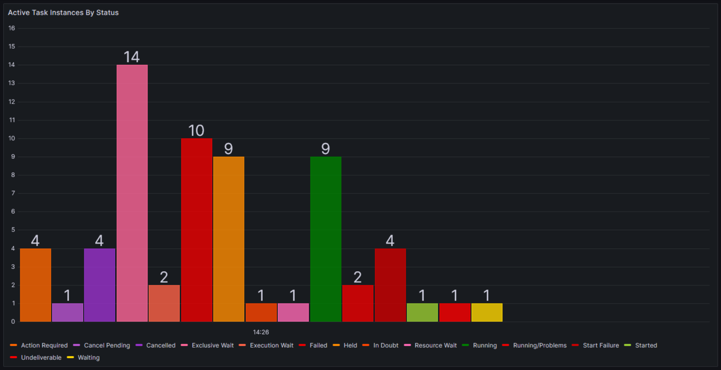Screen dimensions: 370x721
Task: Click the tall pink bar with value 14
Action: pyautogui.click(x=132, y=193)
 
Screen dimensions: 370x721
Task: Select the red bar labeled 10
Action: pyautogui.click(x=197, y=230)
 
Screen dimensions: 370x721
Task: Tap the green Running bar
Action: pyautogui.click(x=325, y=239)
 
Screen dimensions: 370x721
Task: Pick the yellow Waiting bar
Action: pyautogui.click(x=487, y=312)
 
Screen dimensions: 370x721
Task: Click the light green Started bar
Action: pyautogui.click(x=422, y=312)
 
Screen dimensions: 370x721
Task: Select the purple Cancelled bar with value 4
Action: pyautogui.click(x=100, y=285)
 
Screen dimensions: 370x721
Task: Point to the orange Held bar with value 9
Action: pyautogui.click(x=229, y=239)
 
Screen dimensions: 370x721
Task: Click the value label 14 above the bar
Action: pyautogui.click(x=132, y=57)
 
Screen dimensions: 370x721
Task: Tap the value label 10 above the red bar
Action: pyautogui.click(x=196, y=130)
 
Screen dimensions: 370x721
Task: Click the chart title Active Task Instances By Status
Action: pyautogui.click(x=63, y=13)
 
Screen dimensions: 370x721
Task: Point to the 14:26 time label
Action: pyautogui.click(x=261, y=332)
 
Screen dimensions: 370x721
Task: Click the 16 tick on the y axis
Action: pyautogui.click(x=12, y=28)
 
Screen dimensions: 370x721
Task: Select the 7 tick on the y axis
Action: pyautogui.click(x=13, y=193)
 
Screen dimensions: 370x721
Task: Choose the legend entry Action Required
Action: pyautogui.click(x=44, y=345)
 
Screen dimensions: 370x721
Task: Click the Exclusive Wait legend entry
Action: pyautogui.click(x=212, y=345)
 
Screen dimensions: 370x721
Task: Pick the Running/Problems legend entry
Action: pyautogui.click(x=539, y=345)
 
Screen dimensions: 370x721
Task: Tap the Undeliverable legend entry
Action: pyautogui.click(x=41, y=358)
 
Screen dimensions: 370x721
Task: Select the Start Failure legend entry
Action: pyautogui.click(x=600, y=345)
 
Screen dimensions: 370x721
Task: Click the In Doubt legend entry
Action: pyautogui.click(x=385, y=345)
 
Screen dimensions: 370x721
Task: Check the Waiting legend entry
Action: pyautogui.click(x=89, y=358)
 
